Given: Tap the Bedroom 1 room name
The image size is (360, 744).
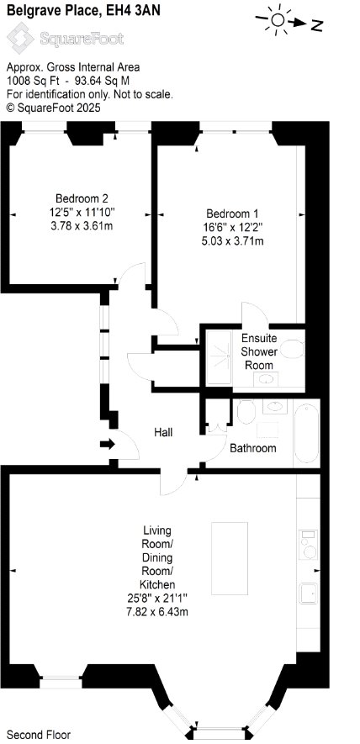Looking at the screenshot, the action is tap(232, 213).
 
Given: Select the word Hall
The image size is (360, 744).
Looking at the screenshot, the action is tap(163, 432).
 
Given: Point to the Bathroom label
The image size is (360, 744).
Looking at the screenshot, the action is tap(252, 448).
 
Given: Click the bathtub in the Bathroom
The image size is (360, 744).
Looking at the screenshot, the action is tap(306, 433).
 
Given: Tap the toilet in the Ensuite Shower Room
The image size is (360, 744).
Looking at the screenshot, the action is tap(292, 349).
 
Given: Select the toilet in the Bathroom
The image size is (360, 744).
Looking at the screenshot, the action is tap(246, 412).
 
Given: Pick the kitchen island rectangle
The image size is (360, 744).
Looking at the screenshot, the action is tap(230, 558).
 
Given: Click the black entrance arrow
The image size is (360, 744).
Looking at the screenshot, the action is tap(108, 445).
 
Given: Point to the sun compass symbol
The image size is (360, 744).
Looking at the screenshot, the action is tap(278, 19).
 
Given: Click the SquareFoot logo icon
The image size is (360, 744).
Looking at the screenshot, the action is tap(20, 38).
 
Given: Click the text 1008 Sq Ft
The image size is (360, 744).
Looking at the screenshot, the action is tap(29, 81).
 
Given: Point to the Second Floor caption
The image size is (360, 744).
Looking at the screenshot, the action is tap(39, 735).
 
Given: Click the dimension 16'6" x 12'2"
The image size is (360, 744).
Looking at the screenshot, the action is tap(233, 227).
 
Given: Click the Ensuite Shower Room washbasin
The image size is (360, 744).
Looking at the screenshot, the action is tap(266, 379).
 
